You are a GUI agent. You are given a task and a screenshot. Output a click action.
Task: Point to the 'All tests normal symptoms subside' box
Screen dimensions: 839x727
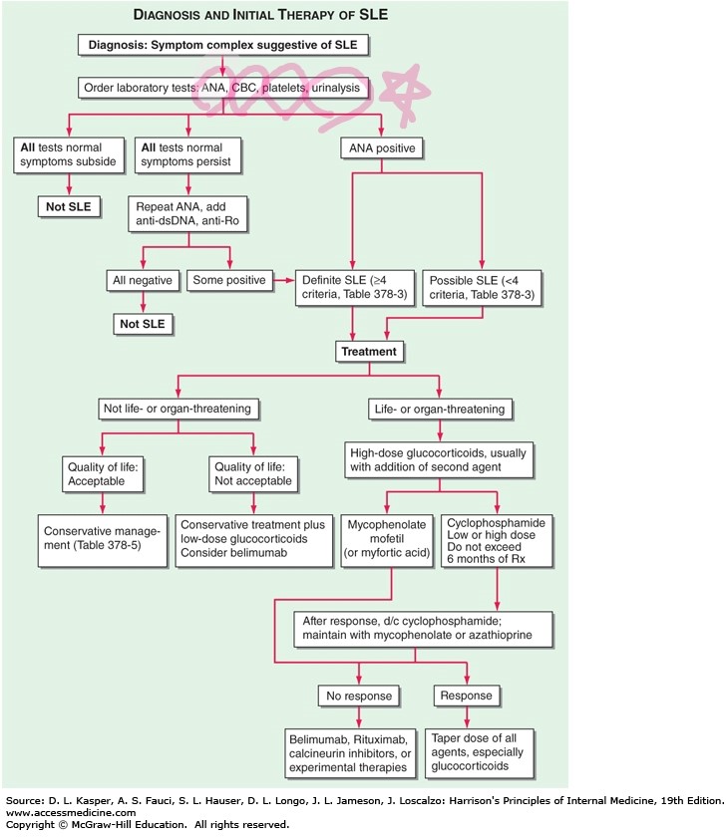tap(68, 155)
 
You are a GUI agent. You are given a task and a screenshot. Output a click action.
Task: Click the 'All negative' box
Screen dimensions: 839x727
tap(141, 281)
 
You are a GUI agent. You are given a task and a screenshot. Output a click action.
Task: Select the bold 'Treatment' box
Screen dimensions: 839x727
tap(369, 351)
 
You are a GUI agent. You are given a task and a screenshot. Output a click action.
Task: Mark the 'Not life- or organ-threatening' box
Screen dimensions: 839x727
tap(178, 408)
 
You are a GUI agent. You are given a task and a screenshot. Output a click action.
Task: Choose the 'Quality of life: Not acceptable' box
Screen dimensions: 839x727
tap(253, 472)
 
